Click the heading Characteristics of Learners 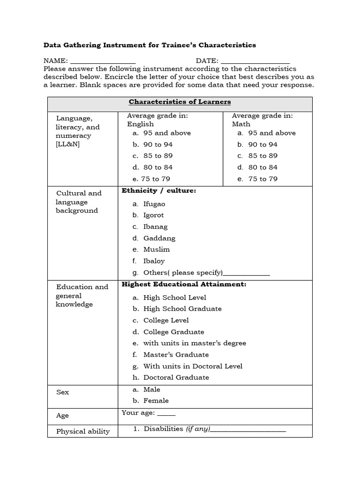click(x=180, y=102)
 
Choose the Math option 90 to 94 click(x=262, y=145)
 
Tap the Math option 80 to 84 click(x=262, y=167)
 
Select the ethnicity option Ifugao click(x=154, y=204)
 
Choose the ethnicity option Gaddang click(x=159, y=239)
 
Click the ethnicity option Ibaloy click(x=154, y=261)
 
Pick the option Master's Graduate click(x=176, y=355)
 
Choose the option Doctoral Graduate click(x=176, y=378)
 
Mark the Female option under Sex click(x=156, y=401)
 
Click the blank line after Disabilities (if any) click(x=248, y=430)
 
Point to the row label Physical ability click(x=83, y=432)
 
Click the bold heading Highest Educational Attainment click(x=184, y=285)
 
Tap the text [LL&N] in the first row click(x=68, y=144)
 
